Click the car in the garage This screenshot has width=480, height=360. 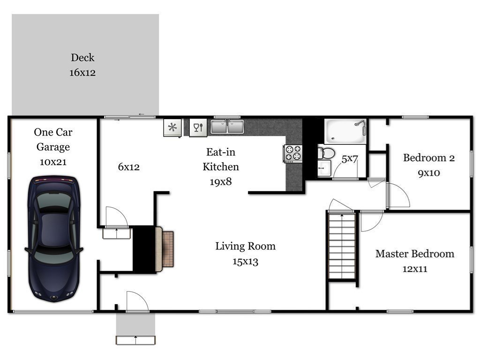point(52,238)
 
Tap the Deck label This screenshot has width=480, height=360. point(82,58)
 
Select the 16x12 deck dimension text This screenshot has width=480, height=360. point(82,73)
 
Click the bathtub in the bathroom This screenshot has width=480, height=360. point(345,131)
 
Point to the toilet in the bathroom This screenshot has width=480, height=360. point(326,153)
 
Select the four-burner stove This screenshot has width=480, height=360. point(293,153)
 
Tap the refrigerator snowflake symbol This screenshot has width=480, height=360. point(172,127)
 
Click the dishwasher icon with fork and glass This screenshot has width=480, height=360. point(198,127)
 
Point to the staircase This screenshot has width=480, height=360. point(342,246)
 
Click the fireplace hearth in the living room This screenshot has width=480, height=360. point(168,249)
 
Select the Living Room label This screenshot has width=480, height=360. point(245,246)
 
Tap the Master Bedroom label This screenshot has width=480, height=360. point(414,254)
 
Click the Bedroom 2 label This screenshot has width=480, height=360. point(428,157)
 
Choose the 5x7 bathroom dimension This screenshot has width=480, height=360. point(350,159)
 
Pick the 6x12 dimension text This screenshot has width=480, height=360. point(128,167)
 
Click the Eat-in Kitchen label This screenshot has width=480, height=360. point(220,159)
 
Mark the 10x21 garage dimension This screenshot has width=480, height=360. point(53,162)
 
